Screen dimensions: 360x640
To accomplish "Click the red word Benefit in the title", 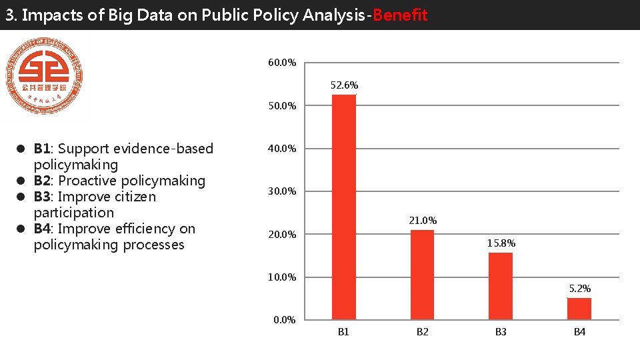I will click(x=400, y=15).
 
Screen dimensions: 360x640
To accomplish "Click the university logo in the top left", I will click(x=44, y=77).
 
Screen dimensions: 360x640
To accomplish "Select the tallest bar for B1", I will click(x=344, y=207).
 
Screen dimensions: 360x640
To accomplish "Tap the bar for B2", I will click(x=422, y=275).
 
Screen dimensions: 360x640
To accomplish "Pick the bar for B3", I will click(x=501, y=286).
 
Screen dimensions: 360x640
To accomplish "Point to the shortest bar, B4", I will click(x=579, y=309).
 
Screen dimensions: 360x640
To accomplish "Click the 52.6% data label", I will click(x=344, y=85).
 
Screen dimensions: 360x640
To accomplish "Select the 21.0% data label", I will click(x=423, y=221).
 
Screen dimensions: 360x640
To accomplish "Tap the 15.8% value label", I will click(x=501, y=243).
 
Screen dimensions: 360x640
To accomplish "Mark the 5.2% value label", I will click(x=579, y=289).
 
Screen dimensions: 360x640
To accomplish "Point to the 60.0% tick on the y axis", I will click(x=282, y=63).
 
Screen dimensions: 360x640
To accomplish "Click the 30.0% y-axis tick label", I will click(x=282, y=192).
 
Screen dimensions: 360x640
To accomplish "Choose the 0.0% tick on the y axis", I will click(x=285, y=320).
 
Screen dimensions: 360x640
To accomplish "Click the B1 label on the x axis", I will click(x=343, y=332).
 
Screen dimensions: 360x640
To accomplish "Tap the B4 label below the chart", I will click(x=579, y=332).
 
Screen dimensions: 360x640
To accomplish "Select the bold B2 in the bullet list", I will click(x=43, y=181).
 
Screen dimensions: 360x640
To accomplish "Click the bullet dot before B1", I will click(x=21, y=149).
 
